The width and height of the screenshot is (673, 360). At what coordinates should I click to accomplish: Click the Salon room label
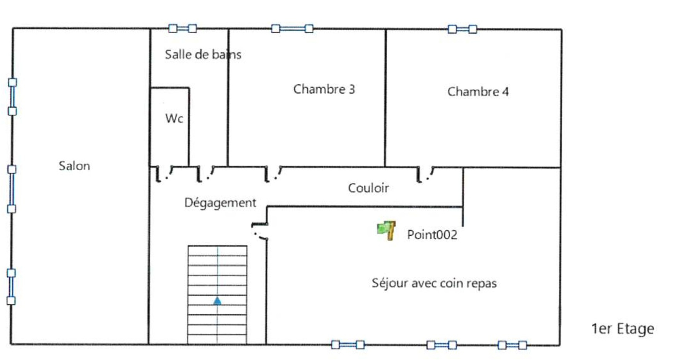click(74, 166)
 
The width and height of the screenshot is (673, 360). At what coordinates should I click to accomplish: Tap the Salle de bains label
click(203, 54)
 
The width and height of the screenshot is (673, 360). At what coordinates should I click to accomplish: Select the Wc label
click(174, 118)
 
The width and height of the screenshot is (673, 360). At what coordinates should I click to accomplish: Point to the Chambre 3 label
click(324, 89)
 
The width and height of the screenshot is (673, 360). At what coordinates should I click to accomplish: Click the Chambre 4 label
click(478, 92)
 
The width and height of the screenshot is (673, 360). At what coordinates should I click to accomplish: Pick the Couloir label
click(368, 188)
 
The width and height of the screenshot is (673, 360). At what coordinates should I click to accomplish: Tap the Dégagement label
click(220, 203)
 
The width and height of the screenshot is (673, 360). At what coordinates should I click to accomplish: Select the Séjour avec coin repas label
click(434, 283)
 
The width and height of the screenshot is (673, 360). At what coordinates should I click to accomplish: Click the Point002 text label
click(432, 235)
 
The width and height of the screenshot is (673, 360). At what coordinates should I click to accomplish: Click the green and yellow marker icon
click(386, 230)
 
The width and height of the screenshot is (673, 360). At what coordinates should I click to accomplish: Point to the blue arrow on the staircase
click(217, 301)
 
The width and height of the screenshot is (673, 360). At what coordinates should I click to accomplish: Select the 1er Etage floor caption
click(622, 329)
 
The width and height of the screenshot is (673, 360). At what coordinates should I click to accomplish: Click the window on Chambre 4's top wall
click(462, 29)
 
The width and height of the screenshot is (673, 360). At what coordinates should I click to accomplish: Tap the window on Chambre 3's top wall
click(292, 29)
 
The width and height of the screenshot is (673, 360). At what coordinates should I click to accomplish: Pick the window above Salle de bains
click(182, 28)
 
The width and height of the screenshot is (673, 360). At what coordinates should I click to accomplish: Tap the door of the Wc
click(165, 174)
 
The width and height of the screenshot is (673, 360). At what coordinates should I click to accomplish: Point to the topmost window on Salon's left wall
click(12, 97)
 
